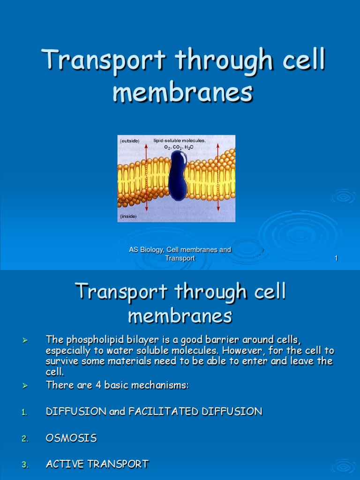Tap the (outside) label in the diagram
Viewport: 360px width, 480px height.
pyautogui.click(x=130, y=141)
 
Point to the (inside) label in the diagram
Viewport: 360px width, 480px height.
pyautogui.click(x=128, y=217)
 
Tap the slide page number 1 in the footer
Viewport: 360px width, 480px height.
pyautogui.click(x=336, y=258)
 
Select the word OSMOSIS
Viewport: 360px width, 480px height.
pyautogui.click(x=71, y=438)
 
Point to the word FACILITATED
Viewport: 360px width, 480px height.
pyautogui.click(x=160, y=412)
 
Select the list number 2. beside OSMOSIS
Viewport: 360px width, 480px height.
pyautogui.click(x=25, y=439)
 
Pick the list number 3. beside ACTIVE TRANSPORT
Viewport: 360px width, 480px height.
pyautogui.click(x=25, y=465)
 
